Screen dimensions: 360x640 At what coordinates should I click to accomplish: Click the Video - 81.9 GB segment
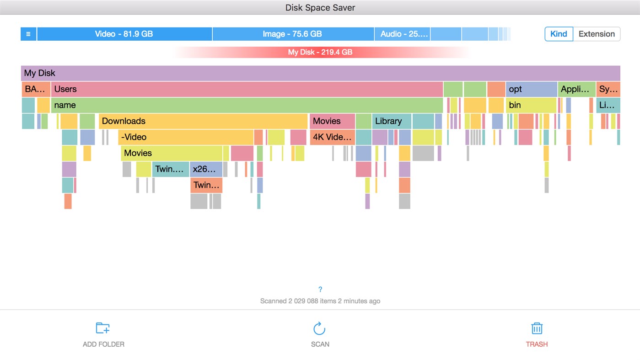124,34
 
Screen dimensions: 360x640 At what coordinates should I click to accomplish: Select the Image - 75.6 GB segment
292,34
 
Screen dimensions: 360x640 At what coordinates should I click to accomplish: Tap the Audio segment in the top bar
402,34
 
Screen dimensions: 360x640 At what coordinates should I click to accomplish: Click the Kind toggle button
559,34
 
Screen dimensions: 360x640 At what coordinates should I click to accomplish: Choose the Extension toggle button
597,34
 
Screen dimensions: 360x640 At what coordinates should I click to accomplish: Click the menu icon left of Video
28,34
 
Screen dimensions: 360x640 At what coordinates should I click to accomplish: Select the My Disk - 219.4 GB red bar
320,52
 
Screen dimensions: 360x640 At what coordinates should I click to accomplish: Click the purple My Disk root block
320,73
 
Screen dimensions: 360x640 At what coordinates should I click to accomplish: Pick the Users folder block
247,89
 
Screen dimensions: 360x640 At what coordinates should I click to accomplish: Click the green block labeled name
247,105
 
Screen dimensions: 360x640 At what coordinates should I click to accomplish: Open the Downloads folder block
203,121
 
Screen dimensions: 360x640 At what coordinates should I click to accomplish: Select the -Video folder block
186,137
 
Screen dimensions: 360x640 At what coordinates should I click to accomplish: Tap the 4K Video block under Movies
332,137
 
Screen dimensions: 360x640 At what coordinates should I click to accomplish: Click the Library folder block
391,121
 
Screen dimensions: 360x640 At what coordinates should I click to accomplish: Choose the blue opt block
531,89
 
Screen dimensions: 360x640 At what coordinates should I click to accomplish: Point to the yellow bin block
531,105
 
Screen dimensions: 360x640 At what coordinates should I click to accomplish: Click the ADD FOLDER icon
103,328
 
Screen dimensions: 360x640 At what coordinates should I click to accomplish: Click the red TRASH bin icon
537,328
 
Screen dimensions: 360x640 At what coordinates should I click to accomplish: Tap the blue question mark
320,289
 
